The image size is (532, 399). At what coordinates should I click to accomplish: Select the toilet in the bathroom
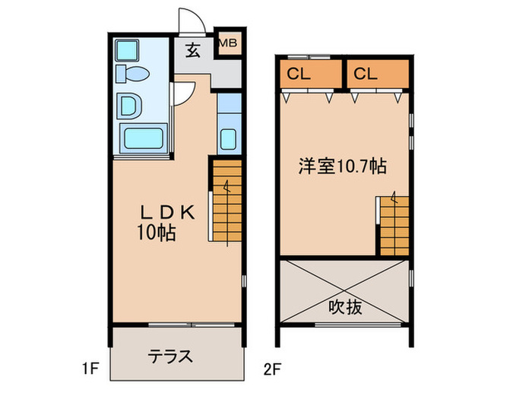click(131, 74)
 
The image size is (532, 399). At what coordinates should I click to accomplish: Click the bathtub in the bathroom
click(144, 139)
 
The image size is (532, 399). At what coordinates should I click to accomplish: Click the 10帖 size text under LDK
click(157, 233)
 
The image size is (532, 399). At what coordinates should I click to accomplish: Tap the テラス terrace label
click(169, 355)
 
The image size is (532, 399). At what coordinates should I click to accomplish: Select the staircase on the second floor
click(394, 224)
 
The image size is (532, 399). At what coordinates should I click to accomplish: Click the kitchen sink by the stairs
click(229, 137)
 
